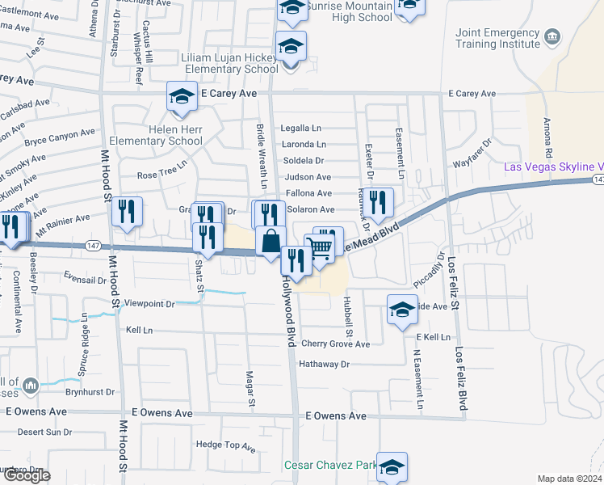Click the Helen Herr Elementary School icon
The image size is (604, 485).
pyautogui.click(x=182, y=97)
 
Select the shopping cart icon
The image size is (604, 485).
pyautogui.click(x=320, y=250)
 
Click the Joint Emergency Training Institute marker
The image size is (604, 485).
pyautogui.click(x=552, y=37)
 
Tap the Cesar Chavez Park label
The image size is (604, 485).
pyautogui.click(x=330, y=465)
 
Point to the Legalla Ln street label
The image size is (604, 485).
pyautogui.click(x=301, y=129)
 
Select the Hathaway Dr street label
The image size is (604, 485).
pyautogui.click(x=324, y=365)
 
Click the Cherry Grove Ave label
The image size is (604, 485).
pyautogui.click(x=335, y=344)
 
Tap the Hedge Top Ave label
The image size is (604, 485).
pyautogui.click(x=225, y=445)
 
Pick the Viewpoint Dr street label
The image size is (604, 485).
pyautogui.click(x=148, y=304)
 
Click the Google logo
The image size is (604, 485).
pyautogui.click(x=27, y=475)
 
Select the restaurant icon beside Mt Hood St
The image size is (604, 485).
pyautogui.click(x=127, y=212)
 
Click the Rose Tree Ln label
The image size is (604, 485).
pyautogui.click(x=161, y=175)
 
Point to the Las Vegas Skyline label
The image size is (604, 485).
pyautogui.click(x=554, y=167)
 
